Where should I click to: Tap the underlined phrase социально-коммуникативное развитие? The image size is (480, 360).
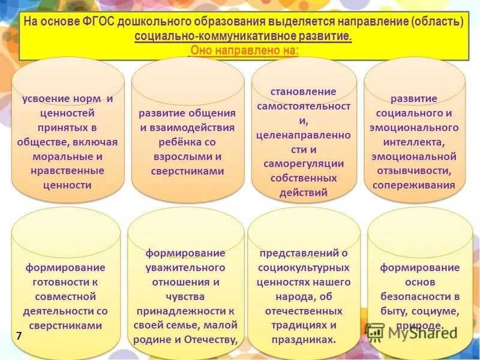click(243, 37)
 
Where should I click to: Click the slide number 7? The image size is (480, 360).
click(19, 337)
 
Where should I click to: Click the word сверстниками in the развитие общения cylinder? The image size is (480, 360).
click(187, 171)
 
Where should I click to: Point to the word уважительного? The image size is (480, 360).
click(186, 267)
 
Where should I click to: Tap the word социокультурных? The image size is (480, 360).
click(304, 267)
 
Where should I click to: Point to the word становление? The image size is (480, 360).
click(304, 92)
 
